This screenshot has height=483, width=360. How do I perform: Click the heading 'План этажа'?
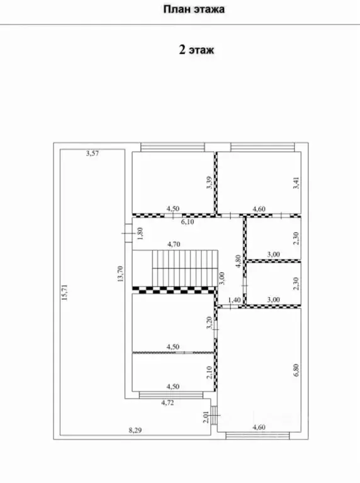point(194,9)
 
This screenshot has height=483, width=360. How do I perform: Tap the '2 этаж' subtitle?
point(196,49)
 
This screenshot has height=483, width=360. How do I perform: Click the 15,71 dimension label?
point(65,292)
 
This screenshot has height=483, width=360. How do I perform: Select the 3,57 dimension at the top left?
point(93,153)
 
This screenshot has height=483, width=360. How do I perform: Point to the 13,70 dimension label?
point(120,273)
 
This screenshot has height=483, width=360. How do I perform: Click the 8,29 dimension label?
point(135,430)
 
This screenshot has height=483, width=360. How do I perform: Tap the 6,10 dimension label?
point(187,222)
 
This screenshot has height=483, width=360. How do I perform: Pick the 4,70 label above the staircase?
point(173,244)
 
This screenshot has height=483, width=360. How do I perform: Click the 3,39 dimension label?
point(210,183)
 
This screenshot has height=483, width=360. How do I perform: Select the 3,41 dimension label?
point(296,183)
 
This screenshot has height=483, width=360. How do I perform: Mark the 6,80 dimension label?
point(296,370)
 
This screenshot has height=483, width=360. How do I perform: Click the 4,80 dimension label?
point(239,261)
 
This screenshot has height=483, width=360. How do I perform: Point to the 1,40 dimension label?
point(234,300)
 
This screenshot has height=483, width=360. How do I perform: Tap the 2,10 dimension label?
point(210,372)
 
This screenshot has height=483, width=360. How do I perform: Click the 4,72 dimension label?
point(167,402)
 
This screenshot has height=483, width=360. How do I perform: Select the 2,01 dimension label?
point(206,417)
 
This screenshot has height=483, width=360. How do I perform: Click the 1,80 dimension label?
point(140,234)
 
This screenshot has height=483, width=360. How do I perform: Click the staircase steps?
point(185,268)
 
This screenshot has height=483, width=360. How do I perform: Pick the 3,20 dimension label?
point(210,323)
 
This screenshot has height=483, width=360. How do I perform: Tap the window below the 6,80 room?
point(257,436)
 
